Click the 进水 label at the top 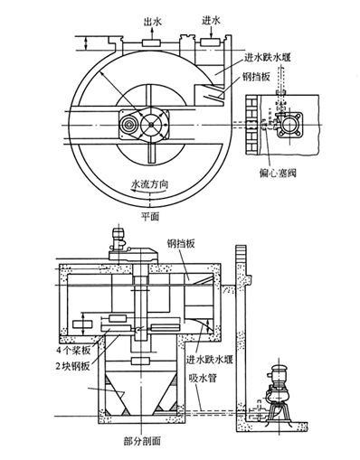pos(211,21)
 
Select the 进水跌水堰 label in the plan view pos(268,58)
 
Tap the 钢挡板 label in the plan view pos(255,77)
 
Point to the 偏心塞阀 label pos(278,173)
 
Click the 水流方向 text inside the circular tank pos(149,183)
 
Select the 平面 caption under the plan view pos(150,216)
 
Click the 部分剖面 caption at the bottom pos(142,441)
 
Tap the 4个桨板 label pos(73,351)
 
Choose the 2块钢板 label pos(72,366)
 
